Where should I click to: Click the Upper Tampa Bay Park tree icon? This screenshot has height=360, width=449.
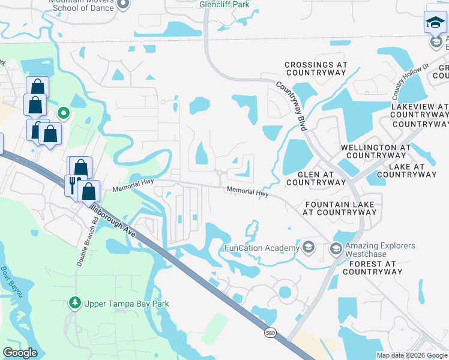[x=75, y=304]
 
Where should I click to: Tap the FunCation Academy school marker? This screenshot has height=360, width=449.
[x=309, y=248]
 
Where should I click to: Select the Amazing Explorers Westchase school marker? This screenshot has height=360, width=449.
[x=336, y=248]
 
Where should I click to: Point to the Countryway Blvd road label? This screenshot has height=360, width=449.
[x=291, y=107]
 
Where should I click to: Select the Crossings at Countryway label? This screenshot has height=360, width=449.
[x=316, y=68]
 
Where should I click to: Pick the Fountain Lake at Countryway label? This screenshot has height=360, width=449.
[x=340, y=209]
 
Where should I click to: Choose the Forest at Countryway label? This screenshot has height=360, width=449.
[x=372, y=268]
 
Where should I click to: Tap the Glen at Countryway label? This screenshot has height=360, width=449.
[x=322, y=178]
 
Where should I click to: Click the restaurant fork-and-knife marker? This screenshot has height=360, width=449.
[x=73, y=184]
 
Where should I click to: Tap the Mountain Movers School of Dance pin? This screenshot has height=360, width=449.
[x=123, y=5]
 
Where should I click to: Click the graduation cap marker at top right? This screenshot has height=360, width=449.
[x=435, y=24]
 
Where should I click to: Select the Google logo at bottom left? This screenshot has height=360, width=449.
[x=20, y=353]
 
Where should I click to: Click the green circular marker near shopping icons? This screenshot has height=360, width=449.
[x=64, y=112]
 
